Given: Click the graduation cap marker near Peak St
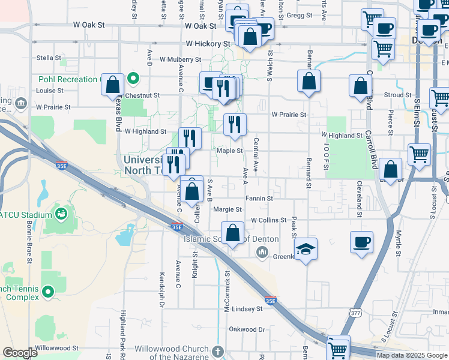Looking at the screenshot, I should click(x=306, y=248).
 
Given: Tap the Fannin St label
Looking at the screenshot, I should click(x=259, y=198).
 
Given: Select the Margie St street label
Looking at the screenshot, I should click(x=227, y=209).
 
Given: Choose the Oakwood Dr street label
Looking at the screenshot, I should click(x=246, y=329).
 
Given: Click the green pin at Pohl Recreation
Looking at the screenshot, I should click(x=134, y=79).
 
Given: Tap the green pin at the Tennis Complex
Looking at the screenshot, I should click(x=47, y=292).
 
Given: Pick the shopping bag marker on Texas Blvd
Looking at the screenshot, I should click(x=112, y=85).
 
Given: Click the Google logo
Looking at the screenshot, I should click(x=20, y=353).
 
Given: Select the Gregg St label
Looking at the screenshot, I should click(x=300, y=16).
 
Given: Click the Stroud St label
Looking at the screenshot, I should click(x=397, y=95).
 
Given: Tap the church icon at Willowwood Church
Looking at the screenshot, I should click(x=217, y=350).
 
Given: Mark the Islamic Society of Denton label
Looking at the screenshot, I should click(x=231, y=239).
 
